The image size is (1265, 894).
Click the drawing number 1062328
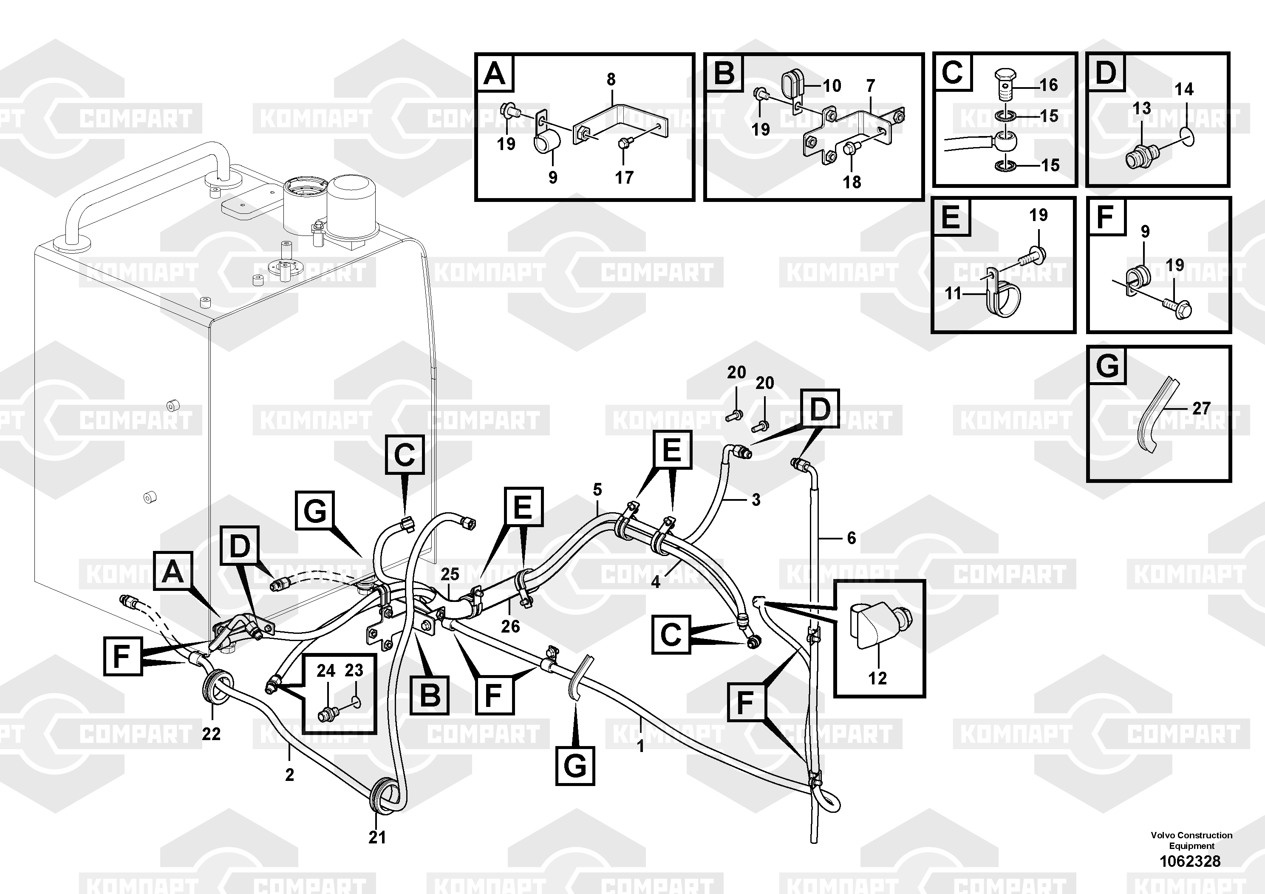(x=1190, y=861)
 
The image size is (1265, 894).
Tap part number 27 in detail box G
(x=1201, y=409)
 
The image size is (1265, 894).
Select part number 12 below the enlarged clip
(x=877, y=678)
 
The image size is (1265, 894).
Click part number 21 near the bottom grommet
(x=377, y=837)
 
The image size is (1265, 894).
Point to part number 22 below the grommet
(x=211, y=734)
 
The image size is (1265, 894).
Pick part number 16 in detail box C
(x=1048, y=85)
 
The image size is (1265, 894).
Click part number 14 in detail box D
(x=1184, y=89)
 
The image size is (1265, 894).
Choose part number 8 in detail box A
(x=611, y=79)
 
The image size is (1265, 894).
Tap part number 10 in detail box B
(x=832, y=86)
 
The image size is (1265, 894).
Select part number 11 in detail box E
(x=953, y=293)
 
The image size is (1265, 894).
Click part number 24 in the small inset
(x=325, y=671)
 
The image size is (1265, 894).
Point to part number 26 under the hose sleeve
(x=510, y=626)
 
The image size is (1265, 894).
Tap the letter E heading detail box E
(x=951, y=217)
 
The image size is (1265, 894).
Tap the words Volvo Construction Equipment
(x=1191, y=840)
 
